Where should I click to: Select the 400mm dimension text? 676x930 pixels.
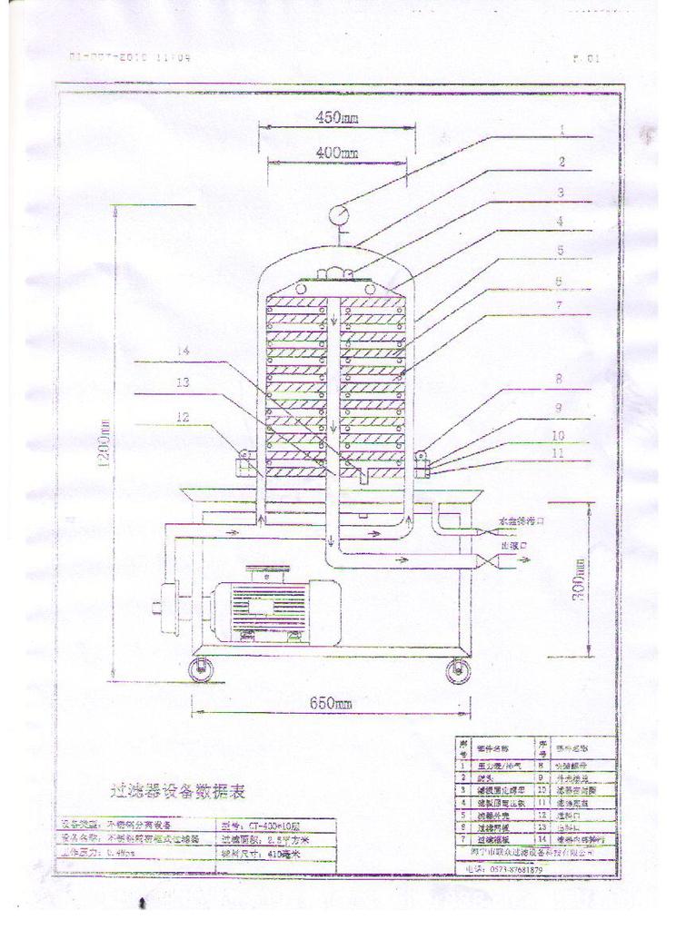[x=335, y=153]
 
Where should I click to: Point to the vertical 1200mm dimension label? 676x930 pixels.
[x=105, y=444]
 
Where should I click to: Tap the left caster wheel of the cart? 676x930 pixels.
[x=199, y=671]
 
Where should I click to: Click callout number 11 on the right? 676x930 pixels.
[x=560, y=451]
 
